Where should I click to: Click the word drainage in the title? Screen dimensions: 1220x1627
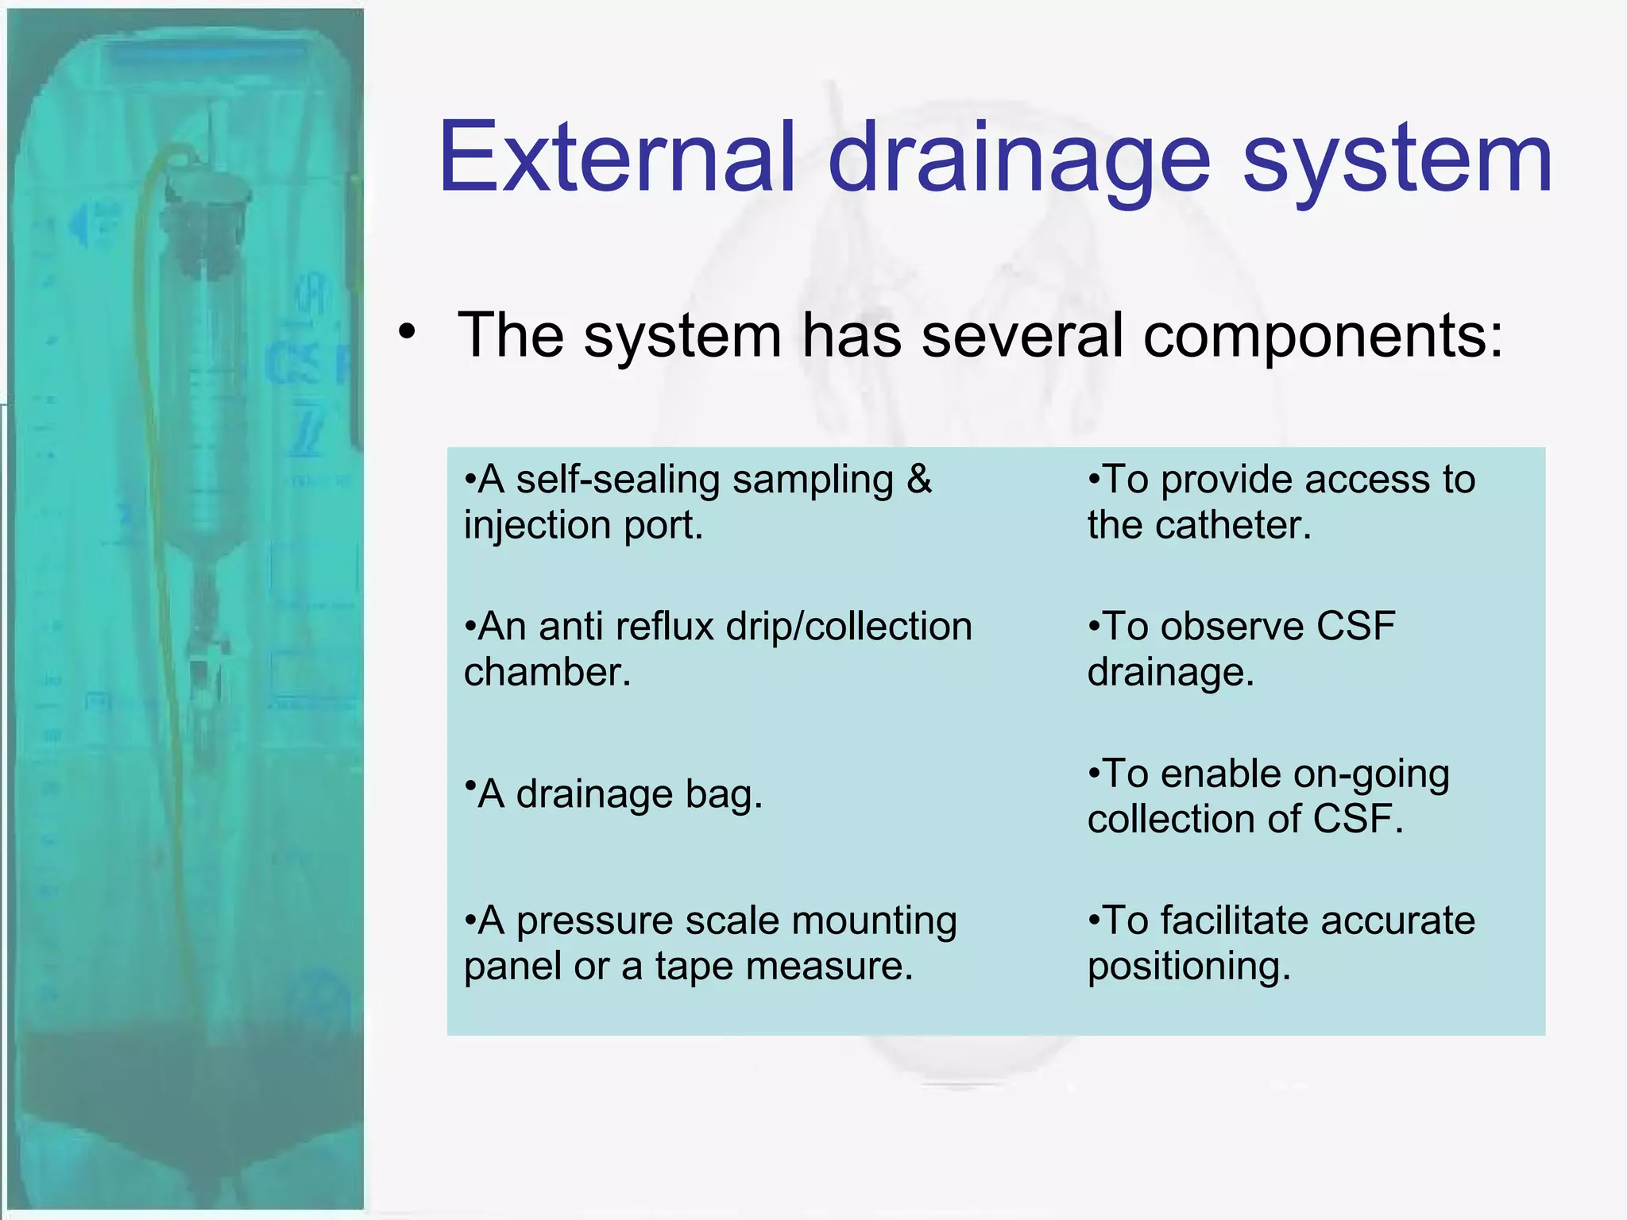click(x=1019, y=159)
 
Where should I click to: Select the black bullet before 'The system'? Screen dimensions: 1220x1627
click(x=408, y=332)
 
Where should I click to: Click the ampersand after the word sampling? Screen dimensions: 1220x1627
click(x=918, y=479)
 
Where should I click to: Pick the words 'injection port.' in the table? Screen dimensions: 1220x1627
click(x=584, y=525)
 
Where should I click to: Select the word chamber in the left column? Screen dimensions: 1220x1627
click(x=547, y=672)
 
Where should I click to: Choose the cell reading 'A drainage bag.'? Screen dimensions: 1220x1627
click(x=613, y=793)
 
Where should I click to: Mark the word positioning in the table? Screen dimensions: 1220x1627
click(x=1188, y=967)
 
